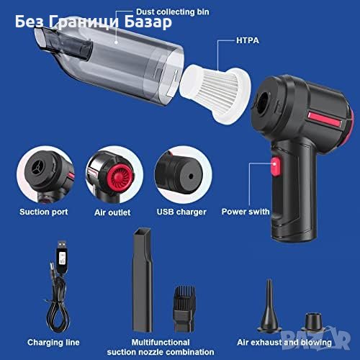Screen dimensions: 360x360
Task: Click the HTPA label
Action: [x=248, y=40]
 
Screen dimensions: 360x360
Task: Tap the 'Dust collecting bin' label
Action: [x=172, y=12]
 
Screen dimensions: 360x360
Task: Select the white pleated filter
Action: [x=215, y=94]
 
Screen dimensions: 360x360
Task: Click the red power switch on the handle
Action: [x=276, y=166]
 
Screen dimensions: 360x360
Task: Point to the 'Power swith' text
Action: [x=246, y=212]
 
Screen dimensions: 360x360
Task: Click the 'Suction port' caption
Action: [x=44, y=212]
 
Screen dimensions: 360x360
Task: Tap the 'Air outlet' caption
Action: [x=112, y=212]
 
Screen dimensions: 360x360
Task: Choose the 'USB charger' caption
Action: [x=181, y=212]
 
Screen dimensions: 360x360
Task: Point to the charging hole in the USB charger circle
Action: [x=191, y=176]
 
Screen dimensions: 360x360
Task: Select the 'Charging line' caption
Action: [x=53, y=343]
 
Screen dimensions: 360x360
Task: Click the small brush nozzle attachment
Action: [x=184, y=308]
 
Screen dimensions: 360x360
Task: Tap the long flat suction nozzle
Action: [x=143, y=279]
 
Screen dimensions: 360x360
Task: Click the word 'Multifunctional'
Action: [x=161, y=342]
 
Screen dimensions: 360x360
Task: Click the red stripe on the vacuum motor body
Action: [x=325, y=120]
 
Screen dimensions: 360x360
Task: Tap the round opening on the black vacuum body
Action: [x=261, y=99]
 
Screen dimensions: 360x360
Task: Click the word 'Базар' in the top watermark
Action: [x=148, y=22]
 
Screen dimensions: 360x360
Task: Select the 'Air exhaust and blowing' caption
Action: [x=284, y=343]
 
